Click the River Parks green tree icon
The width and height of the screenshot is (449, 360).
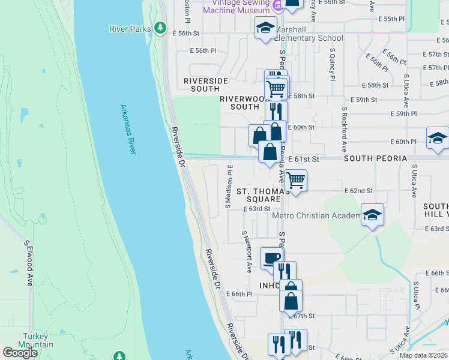(x=160, y=28)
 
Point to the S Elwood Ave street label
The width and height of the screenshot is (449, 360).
(x=28, y=263)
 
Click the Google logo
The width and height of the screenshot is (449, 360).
(x=20, y=353)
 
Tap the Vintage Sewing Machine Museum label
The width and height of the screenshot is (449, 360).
(x=236, y=7)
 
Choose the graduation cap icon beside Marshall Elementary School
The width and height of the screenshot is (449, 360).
(x=265, y=28)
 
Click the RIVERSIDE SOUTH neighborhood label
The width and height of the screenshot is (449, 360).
(x=206, y=85)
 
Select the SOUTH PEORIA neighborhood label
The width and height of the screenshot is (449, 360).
(x=375, y=158)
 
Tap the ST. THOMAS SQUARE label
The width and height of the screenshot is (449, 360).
(x=259, y=195)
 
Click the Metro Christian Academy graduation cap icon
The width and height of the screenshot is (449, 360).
(x=372, y=214)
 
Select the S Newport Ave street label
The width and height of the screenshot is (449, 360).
(x=246, y=251)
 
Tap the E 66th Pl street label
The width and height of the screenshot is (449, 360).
(x=238, y=294)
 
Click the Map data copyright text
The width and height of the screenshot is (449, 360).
(x=423, y=355)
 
